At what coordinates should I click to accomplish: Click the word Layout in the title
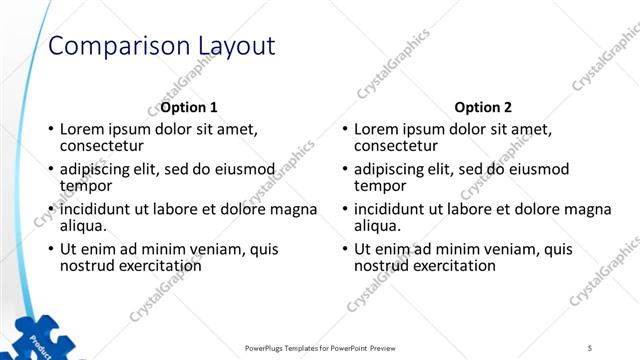pos(233,46)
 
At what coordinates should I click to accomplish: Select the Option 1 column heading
pos(189,107)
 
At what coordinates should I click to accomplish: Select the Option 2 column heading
pos(482,107)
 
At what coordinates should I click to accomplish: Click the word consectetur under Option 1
pos(102,146)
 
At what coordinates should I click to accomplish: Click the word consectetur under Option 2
pos(396,146)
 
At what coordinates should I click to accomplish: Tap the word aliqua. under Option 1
pos(84,226)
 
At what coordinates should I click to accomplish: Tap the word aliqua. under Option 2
pos(378,226)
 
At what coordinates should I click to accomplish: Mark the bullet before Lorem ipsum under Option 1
pos(51,130)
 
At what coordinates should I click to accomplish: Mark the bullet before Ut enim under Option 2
pos(345,250)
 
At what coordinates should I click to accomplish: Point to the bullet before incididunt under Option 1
pos(51,210)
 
